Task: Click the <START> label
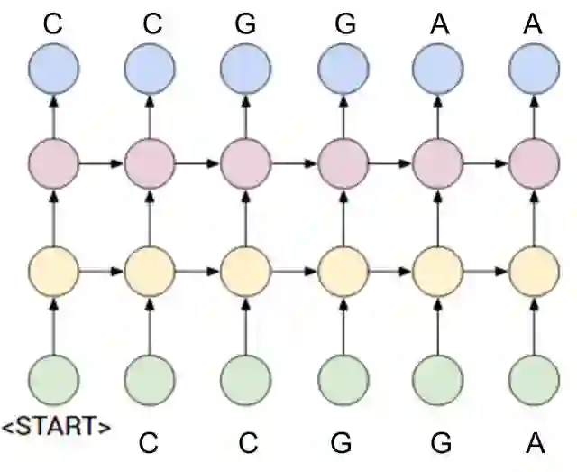click(x=56, y=425)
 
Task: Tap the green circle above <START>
click(x=53, y=380)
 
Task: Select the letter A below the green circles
click(x=535, y=443)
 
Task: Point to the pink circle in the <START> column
click(x=53, y=164)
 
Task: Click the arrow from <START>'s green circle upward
click(x=53, y=325)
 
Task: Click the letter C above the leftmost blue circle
click(x=53, y=23)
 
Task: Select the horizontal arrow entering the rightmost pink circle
click(x=487, y=164)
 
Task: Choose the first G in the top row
click(x=246, y=23)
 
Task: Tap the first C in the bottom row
click(x=150, y=443)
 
